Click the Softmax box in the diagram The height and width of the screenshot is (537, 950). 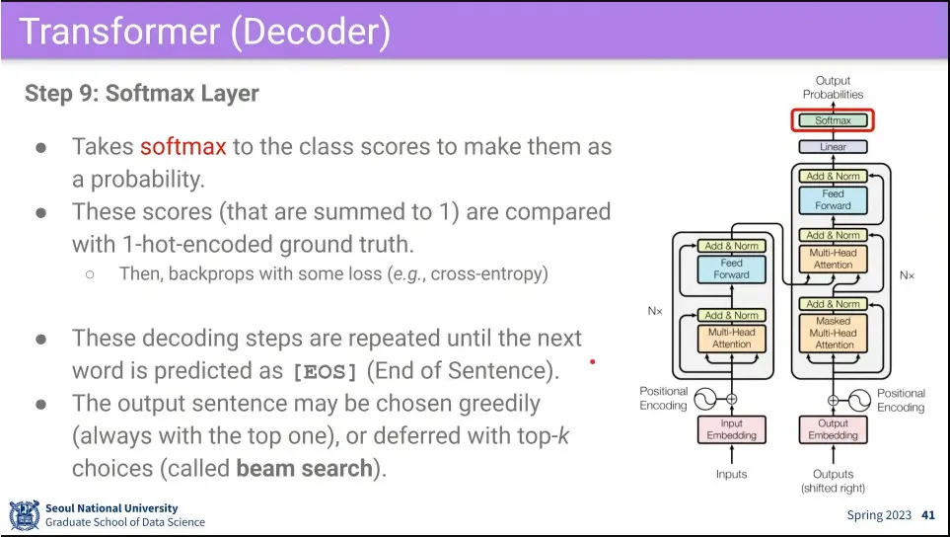(833, 120)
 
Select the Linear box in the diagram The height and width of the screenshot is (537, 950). (833, 147)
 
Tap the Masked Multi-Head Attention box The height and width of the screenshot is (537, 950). (833, 333)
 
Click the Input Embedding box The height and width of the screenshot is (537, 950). (731, 429)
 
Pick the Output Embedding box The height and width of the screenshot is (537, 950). (833, 429)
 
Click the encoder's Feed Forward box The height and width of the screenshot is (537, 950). (731, 269)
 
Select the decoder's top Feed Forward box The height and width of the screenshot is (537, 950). (833, 199)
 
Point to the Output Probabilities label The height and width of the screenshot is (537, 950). (833, 87)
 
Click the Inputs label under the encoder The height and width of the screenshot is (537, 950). (731, 474)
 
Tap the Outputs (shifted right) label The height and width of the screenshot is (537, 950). (833, 481)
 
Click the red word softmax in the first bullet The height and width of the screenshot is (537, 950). (183, 147)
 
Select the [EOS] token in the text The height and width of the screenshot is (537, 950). (328, 371)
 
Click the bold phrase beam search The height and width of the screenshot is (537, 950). (304, 468)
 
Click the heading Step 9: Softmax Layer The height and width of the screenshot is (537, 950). (141, 94)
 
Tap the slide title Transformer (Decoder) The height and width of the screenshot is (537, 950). (204, 32)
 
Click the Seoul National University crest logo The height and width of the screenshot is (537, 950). (25, 515)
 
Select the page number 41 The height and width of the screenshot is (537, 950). (927, 515)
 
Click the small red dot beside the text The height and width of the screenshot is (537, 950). (592, 362)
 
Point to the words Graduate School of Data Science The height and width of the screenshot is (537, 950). (125, 522)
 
